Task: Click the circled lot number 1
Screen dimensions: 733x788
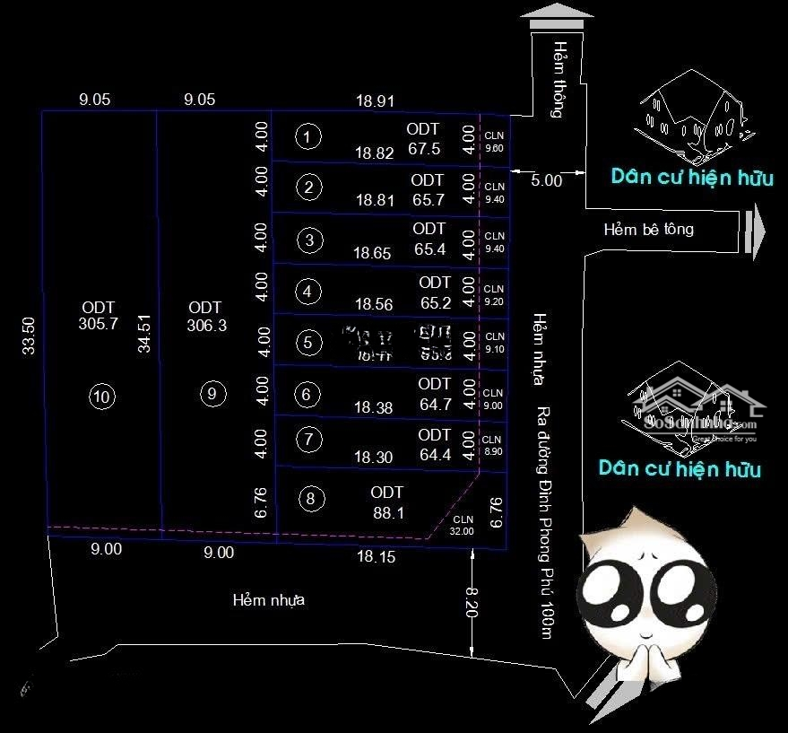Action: (307, 136)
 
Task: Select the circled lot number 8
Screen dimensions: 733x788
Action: (310, 500)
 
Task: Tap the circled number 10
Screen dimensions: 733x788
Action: (102, 396)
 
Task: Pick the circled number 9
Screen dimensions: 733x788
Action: (212, 393)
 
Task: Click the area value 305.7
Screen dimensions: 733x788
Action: (98, 325)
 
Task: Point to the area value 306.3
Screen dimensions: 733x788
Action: (206, 326)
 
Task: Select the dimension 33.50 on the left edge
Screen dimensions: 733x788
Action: (29, 336)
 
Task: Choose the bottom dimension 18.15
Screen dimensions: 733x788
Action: (376, 557)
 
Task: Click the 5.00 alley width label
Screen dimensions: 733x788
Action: (546, 179)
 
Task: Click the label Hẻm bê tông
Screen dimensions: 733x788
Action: (648, 229)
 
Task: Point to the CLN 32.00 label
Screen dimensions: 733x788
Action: (463, 525)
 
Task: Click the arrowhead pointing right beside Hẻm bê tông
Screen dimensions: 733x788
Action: (758, 230)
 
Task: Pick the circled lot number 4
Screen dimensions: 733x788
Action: (308, 291)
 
